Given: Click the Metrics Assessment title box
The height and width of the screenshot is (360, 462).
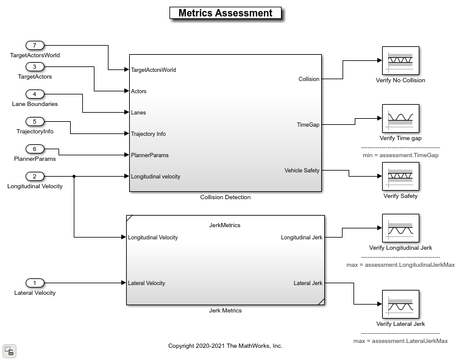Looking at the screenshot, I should pos(225,13).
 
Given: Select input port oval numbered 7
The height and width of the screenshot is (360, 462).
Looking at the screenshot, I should pos(35,46).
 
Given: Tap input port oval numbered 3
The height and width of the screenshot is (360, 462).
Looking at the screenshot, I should pos(35,67).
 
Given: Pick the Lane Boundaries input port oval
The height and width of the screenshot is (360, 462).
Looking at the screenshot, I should pos(35,94).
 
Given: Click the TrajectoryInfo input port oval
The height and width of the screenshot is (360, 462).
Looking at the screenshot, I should pos(35,122).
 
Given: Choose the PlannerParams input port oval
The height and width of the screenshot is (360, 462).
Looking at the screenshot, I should pos(35,149).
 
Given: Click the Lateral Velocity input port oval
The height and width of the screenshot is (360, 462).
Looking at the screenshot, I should pos(35,283).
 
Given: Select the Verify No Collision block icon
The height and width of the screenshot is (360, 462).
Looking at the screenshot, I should pos(400,61).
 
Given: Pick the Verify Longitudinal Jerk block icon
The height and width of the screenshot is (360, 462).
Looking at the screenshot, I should pos(400,228).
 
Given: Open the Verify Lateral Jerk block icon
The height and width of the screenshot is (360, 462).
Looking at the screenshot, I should pos(400,305).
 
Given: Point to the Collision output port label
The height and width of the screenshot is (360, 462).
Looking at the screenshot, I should pos(308,79).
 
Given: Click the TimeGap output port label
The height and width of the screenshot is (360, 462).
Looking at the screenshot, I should pos(308,125).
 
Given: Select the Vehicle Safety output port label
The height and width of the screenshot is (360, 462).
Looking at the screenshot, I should pos(302,171).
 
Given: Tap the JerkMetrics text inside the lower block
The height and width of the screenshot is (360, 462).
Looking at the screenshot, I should pos(225,225).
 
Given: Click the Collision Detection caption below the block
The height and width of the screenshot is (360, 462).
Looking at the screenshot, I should pos(225,197).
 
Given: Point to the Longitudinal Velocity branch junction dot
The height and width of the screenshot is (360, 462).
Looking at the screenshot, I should pos(74,177).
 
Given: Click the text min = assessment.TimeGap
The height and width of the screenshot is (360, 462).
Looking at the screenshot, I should pos(400,155).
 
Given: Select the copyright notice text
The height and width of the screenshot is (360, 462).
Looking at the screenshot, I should pos(225,346).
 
